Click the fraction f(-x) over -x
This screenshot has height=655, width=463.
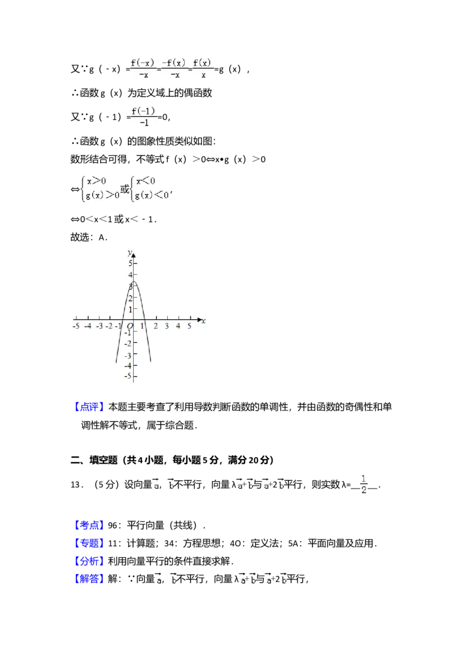point(142,69)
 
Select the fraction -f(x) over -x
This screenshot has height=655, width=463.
point(174,69)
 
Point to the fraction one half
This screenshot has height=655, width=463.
point(363,484)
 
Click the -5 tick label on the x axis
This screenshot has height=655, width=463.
point(76,327)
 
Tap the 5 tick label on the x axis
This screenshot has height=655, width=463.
point(189,327)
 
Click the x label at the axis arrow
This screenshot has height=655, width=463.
point(204,321)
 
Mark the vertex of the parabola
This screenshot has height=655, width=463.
point(133,282)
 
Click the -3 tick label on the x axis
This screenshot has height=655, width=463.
point(99,327)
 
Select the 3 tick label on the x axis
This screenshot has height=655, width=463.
point(167,327)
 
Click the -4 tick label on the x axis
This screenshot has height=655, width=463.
point(87,327)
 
